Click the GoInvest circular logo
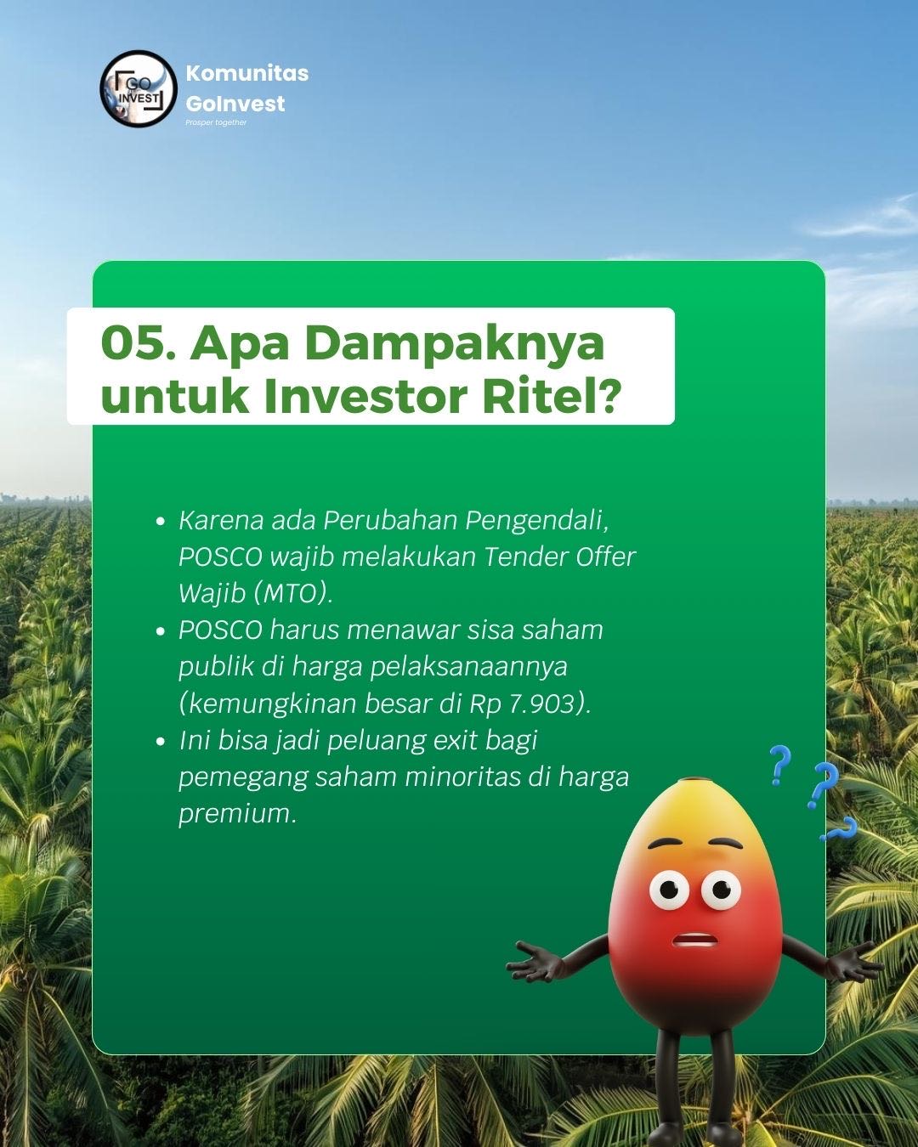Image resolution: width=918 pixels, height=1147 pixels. coord(138,88)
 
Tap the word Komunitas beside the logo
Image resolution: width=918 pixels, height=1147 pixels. coord(246,73)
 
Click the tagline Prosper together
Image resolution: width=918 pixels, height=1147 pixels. coord(216,122)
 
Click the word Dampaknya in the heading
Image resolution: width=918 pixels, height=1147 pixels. coord(398,344)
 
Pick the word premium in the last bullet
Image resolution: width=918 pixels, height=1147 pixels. coord(236,814)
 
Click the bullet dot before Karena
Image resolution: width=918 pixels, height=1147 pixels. coord(160,521)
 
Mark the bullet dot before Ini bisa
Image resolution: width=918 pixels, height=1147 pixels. coord(160,742)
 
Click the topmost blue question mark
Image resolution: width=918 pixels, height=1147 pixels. coord(777,764)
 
